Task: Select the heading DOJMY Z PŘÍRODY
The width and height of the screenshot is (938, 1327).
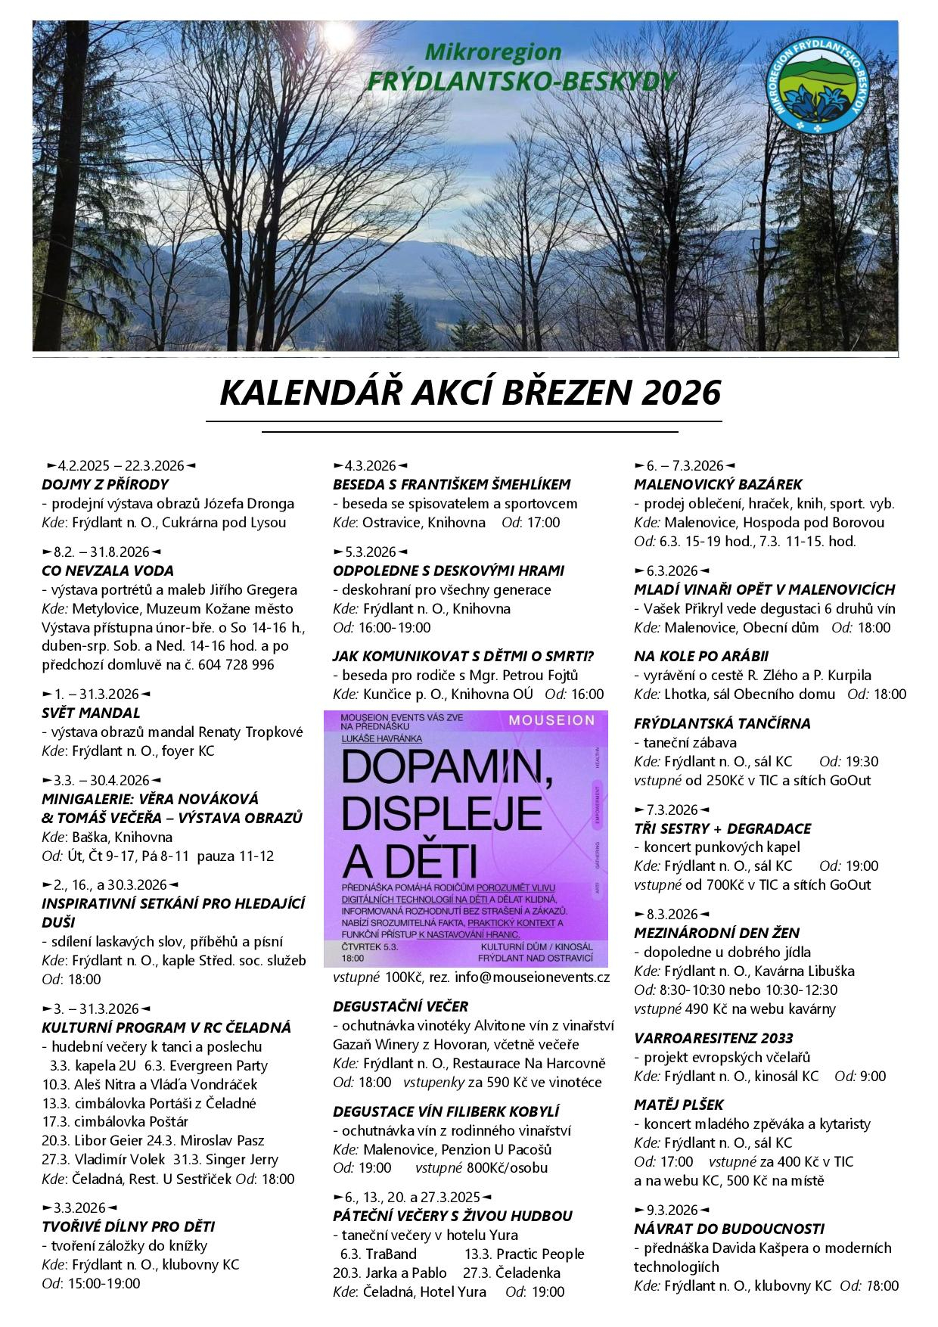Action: (105, 484)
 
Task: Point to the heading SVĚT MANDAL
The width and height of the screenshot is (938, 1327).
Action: (91, 713)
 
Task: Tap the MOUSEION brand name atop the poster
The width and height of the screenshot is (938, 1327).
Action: (551, 720)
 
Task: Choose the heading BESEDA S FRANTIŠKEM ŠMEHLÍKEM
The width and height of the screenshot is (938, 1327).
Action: (452, 484)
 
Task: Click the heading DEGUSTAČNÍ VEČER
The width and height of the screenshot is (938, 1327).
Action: (400, 1006)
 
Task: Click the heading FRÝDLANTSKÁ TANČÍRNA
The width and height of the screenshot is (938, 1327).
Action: (722, 723)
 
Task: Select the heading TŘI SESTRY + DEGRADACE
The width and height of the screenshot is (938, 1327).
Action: (722, 828)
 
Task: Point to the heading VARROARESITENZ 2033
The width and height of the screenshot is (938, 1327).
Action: (713, 1038)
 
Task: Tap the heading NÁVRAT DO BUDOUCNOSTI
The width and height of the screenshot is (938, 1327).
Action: (728, 1229)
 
